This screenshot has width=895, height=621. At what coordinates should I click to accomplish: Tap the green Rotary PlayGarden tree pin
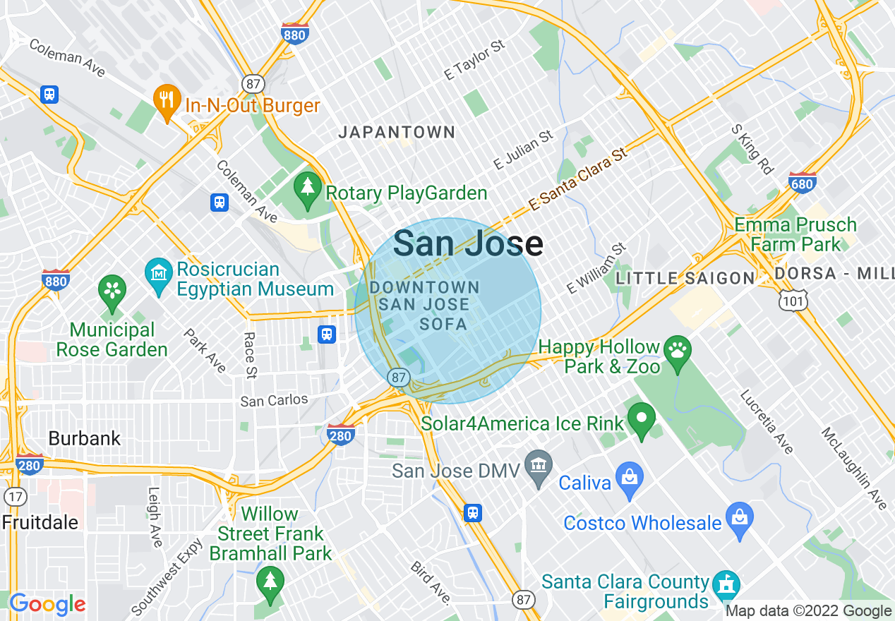click(x=307, y=191)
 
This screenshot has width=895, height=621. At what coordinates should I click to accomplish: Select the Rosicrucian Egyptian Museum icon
click(x=159, y=271)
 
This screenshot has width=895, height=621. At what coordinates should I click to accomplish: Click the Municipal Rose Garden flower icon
click(x=112, y=290)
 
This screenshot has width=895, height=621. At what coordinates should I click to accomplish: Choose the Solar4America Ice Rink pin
click(x=642, y=421)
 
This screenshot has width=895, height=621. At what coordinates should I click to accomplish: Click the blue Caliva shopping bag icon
click(x=629, y=481)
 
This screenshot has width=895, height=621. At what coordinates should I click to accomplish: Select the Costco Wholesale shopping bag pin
click(x=740, y=520)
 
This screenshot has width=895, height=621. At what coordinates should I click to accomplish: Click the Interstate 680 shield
click(x=802, y=182)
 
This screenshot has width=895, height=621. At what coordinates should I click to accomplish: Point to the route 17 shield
click(x=15, y=495)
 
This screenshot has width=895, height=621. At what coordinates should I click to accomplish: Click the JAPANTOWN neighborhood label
click(x=397, y=132)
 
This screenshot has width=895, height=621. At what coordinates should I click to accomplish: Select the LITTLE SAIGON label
click(x=685, y=278)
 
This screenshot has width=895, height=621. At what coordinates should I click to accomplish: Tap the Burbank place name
click(x=84, y=438)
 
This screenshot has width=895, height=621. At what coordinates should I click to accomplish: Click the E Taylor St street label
click(x=474, y=59)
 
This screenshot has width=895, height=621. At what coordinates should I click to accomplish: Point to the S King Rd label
click(x=752, y=150)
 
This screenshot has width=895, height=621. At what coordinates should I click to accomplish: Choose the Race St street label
click(x=250, y=355)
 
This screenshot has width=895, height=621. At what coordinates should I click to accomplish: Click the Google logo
click(x=47, y=604)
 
